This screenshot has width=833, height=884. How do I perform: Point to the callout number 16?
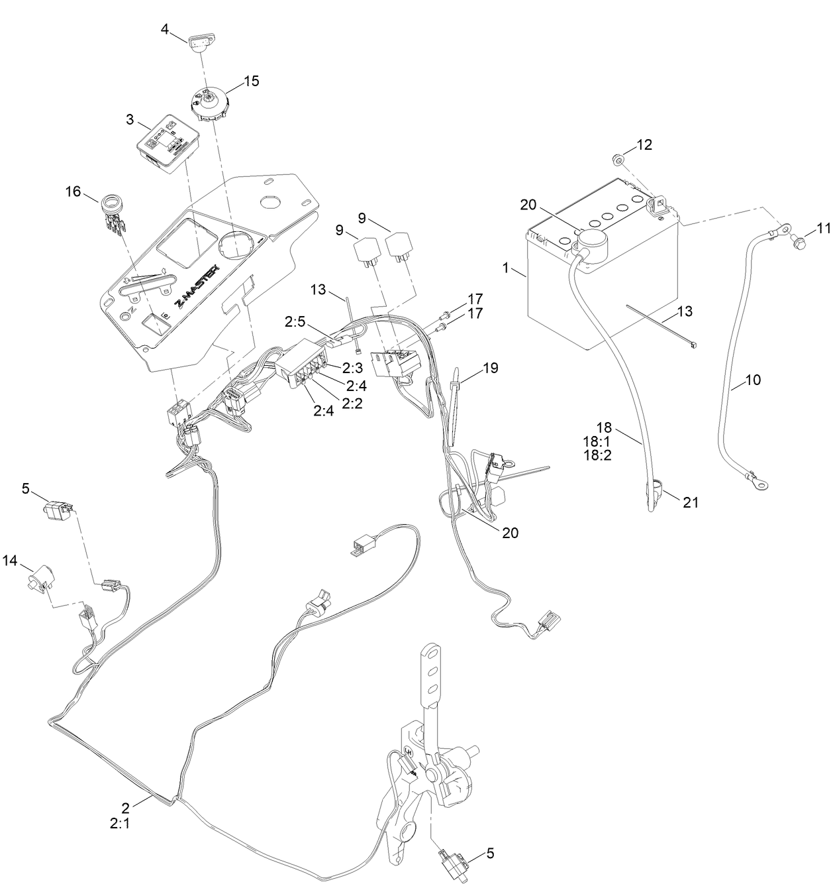73,192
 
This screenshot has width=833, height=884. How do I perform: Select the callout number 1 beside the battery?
506,269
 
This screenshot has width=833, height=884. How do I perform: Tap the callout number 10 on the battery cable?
753,380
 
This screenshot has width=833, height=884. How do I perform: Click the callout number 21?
691,502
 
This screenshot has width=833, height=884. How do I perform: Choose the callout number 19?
491,367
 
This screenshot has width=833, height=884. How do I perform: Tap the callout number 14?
10,561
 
